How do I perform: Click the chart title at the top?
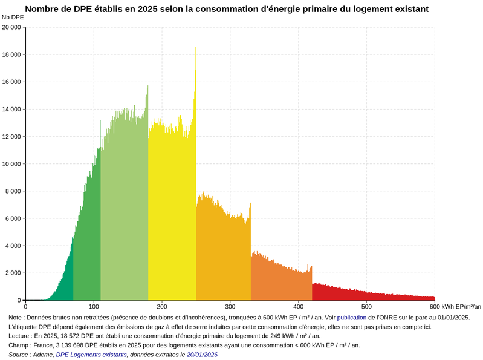pyautogui.click(x=227, y=9)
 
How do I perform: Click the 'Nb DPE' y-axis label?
pyautogui.click(x=13, y=18)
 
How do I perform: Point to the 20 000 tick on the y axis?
pyautogui.click(x=12, y=27)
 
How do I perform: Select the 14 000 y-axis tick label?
pyautogui.click(x=12, y=110)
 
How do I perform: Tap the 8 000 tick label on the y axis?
pyautogui.click(x=13, y=191)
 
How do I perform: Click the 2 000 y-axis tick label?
pyautogui.click(x=13, y=273)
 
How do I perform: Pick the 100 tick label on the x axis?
pyautogui.click(x=94, y=307)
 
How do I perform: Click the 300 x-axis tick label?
pyautogui.click(x=230, y=307)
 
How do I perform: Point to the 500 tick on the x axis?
pyautogui.click(x=366, y=307)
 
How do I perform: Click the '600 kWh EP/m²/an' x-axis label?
pyautogui.click(x=456, y=307)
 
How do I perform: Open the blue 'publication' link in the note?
pyautogui.click(x=351, y=317)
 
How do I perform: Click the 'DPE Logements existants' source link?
pyautogui.click(x=91, y=355)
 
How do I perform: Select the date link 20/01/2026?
pyautogui.click(x=202, y=355)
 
